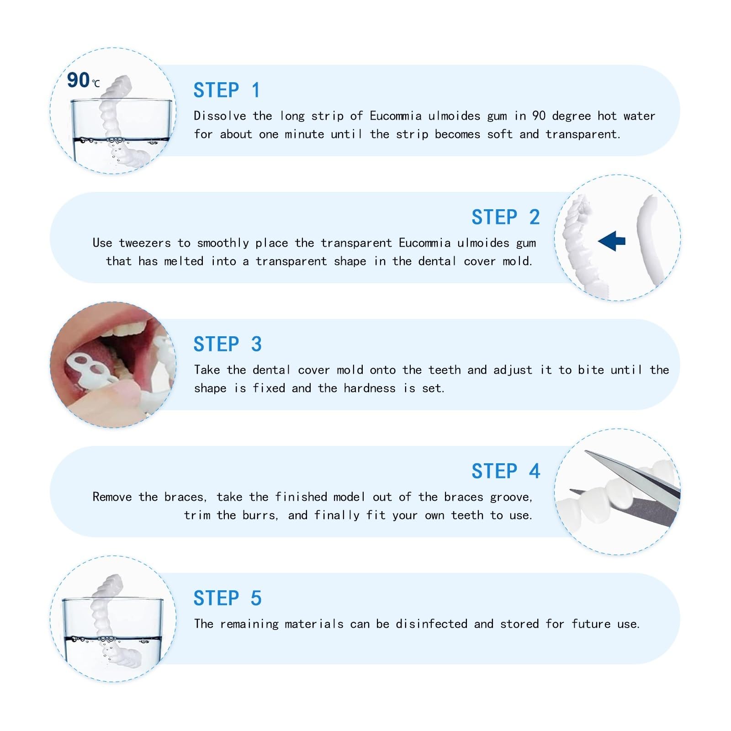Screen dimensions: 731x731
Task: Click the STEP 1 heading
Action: pyautogui.click(x=227, y=90)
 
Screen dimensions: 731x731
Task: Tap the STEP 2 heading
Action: pyautogui.click(x=506, y=217)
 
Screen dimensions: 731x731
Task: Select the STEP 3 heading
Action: pyautogui.click(x=228, y=344)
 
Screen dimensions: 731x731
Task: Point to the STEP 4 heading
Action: pyautogui.click(x=506, y=471)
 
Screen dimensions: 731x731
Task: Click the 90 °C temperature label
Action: pyautogui.click(x=83, y=80)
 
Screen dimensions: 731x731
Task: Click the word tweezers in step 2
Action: pyautogui.click(x=145, y=243)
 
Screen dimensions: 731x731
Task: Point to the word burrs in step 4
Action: pyautogui.click(x=260, y=515)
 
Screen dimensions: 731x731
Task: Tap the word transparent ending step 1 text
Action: pyautogui.click(x=583, y=135)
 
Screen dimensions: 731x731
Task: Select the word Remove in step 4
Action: pyautogui.click(x=112, y=497)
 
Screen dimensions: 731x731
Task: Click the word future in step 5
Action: pyautogui.click(x=591, y=624)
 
